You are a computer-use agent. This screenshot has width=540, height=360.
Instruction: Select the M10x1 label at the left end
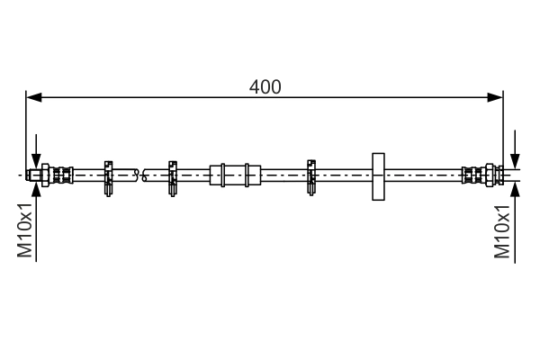pos(25,232)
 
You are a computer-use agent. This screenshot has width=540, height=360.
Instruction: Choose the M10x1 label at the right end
pos(503,232)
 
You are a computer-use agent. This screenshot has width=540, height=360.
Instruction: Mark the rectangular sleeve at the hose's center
pos(235,174)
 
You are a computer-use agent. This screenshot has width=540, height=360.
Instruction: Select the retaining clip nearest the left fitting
pos(108,175)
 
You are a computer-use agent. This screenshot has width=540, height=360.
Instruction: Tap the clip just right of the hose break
pos(171,175)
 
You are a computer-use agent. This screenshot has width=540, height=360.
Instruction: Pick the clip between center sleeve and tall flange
pos(312,175)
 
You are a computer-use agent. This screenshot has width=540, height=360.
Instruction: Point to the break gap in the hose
pos(140,174)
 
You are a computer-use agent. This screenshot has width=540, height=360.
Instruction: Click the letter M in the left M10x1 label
pos(25,252)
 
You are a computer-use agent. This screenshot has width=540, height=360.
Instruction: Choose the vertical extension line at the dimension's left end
pos(26,126)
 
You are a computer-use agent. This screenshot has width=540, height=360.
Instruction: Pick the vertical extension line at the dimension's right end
pos(502,126)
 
